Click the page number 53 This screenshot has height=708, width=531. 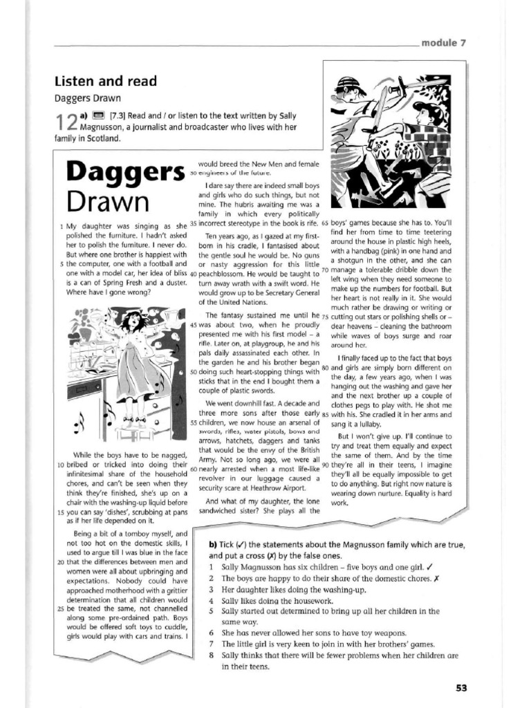462,687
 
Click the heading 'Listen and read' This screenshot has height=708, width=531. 106,82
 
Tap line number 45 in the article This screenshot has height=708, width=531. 194,325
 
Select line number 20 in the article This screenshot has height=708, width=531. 60,562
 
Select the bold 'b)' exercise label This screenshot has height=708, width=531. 214,544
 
